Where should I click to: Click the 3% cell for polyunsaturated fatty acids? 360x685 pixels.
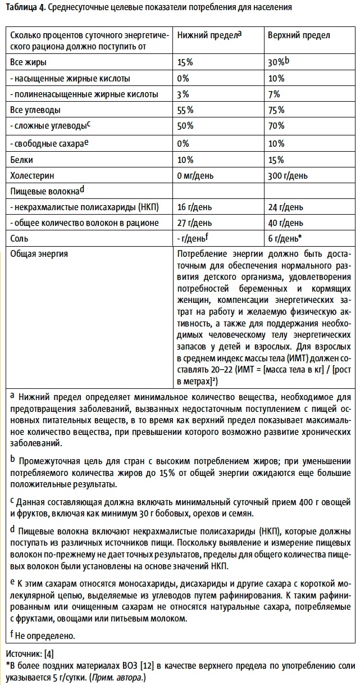183,94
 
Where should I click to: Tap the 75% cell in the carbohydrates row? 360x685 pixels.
276,110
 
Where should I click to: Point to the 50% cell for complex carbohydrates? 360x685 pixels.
185,125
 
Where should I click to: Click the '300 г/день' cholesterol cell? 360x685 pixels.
288,175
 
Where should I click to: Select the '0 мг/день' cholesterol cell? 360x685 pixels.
195,175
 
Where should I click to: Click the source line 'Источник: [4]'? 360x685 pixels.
29,655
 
